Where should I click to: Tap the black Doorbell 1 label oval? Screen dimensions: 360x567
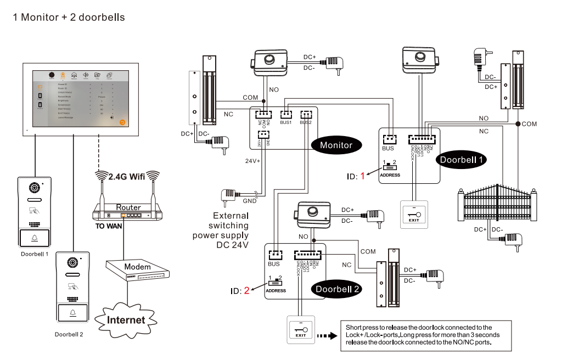tap(462, 160)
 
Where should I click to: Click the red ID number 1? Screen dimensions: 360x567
tap(362, 176)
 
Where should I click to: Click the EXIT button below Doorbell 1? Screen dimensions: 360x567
tap(413, 213)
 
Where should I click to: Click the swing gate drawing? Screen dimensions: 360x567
tap(497, 204)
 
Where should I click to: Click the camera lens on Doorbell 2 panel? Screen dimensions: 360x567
tap(72, 262)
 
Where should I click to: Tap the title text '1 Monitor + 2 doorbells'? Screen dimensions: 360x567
tap(69, 18)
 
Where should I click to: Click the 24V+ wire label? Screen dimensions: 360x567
tap(252, 161)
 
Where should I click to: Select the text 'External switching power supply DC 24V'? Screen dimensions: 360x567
tap(220, 230)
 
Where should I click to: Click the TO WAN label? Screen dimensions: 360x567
tap(109, 226)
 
